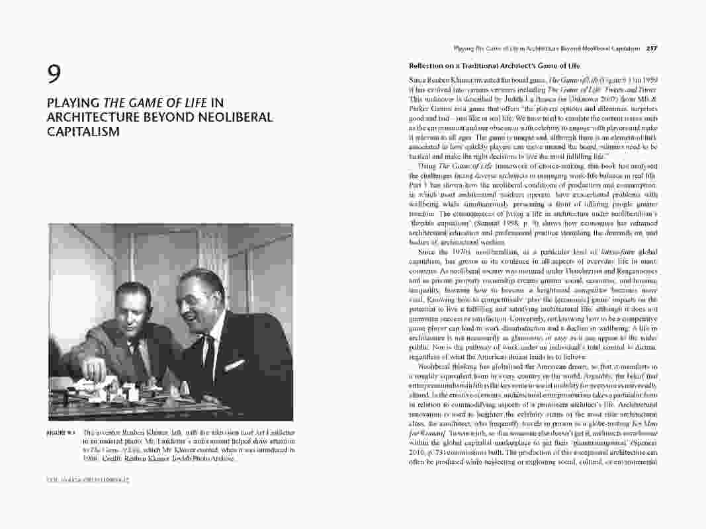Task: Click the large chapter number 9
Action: tap(54, 74)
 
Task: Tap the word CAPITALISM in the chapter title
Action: tap(83, 131)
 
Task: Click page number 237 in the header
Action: tap(651, 48)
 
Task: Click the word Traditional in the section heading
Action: tap(475, 66)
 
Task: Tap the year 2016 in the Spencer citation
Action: tap(418, 451)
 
